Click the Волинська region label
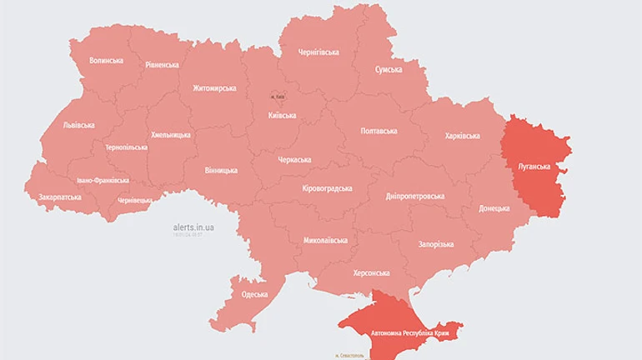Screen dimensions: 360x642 click(106, 60)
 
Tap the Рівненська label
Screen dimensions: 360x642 click(162, 64)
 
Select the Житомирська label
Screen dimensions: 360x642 click(214, 88)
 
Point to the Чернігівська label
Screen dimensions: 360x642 click(318, 52)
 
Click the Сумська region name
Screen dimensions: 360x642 click(389, 70)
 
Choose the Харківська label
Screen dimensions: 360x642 click(463, 135)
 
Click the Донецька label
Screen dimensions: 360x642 click(494, 209)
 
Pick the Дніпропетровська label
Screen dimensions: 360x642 click(415, 197)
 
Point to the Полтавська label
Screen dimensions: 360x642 click(379, 131)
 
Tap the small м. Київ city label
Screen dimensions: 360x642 click(278, 97)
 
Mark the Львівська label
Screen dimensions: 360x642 click(78, 125)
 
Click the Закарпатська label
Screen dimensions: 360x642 click(60, 197)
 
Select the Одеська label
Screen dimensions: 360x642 click(254, 294)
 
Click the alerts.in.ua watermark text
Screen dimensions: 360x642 click(193, 227)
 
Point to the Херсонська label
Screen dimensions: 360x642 click(371, 272)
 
